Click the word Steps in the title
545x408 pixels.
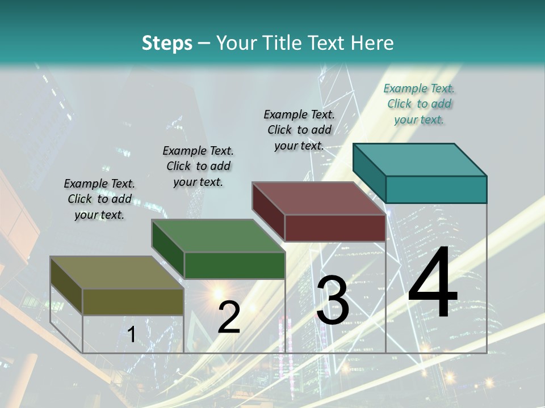167,43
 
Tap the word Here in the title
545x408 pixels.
373,43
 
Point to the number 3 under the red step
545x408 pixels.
333,300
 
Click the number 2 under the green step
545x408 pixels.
229,317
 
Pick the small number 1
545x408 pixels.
132,335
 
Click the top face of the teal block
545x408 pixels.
420,159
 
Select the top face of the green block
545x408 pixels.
219,236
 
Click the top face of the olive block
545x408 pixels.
117,273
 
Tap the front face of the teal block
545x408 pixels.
436,189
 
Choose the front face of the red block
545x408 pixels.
335,228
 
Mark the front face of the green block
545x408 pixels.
234,265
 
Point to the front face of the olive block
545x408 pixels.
133,301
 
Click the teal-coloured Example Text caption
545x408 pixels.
420,104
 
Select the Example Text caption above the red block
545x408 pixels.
299,130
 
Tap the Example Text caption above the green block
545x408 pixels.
198,166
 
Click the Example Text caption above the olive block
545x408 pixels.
99,199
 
